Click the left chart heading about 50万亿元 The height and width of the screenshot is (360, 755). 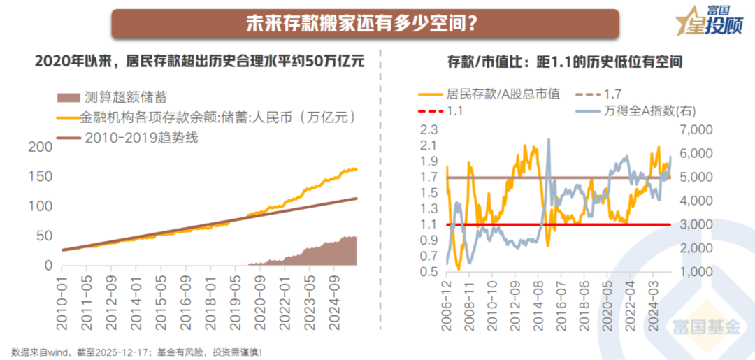(200, 62)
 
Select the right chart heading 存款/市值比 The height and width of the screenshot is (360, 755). (564, 62)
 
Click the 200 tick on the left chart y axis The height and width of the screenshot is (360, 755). (43, 146)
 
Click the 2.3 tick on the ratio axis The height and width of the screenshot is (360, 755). (427, 130)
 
